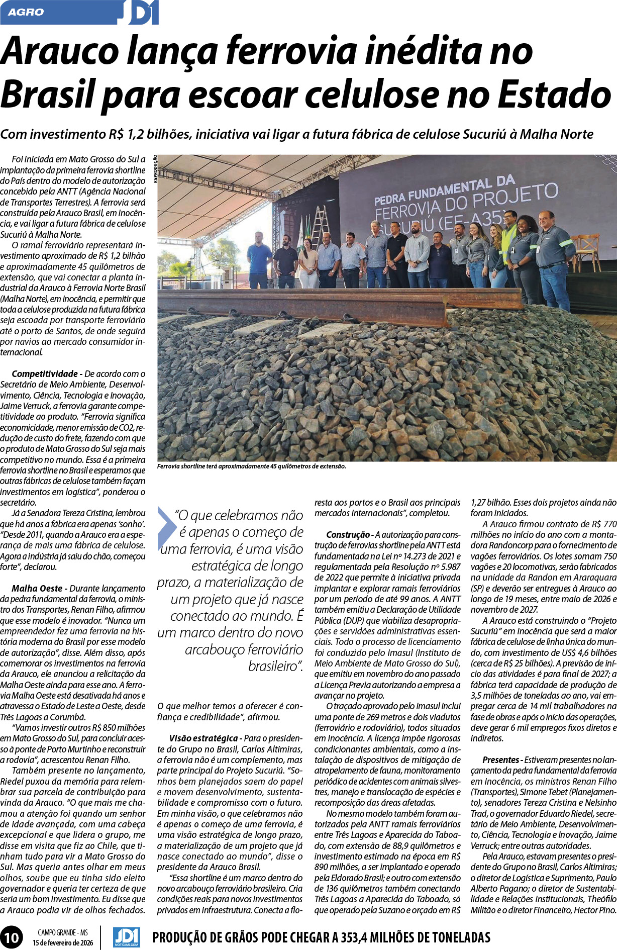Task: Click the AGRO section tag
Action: point(26,12)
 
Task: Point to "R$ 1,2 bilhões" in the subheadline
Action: point(148,135)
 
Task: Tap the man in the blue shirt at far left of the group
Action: point(259,259)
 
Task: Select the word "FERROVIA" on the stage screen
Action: point(406,210)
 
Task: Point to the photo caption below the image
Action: point(251,466)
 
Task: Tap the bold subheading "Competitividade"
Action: point(44,374)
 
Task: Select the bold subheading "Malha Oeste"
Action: point(37,588)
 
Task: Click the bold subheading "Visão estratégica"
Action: point(203,738)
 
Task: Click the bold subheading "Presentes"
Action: point(500,760)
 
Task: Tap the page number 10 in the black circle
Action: point(12,937)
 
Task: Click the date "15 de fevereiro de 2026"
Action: point(63,942)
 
